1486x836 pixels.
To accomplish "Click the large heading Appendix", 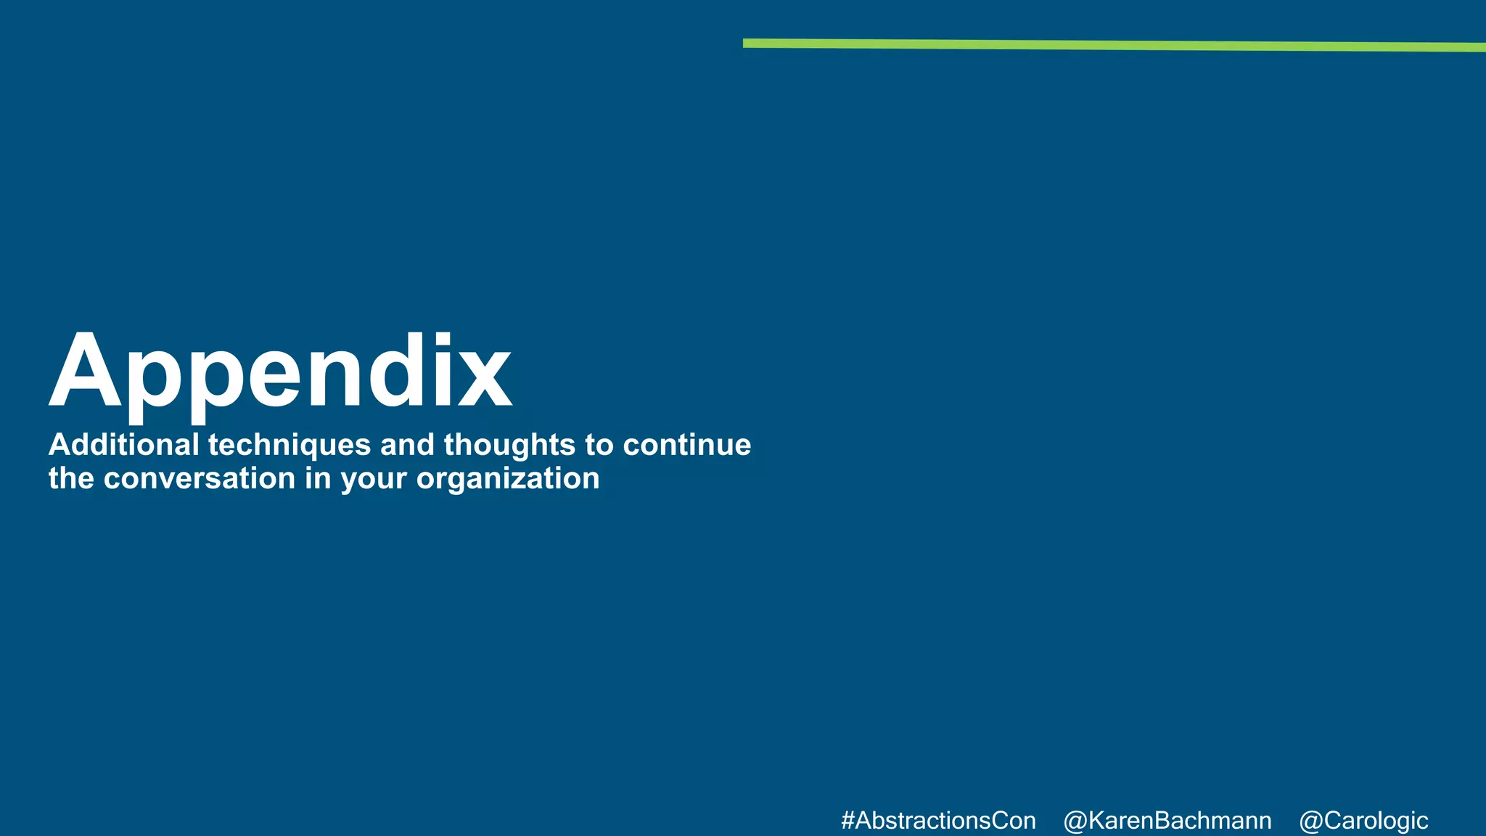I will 280,373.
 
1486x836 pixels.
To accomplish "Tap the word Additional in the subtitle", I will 123,445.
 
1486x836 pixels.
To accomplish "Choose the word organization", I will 508,479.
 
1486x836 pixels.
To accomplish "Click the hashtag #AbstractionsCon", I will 938,821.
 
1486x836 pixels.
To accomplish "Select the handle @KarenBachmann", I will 1167,821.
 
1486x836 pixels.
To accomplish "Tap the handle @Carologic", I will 1363,821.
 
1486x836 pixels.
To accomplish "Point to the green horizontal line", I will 1114,46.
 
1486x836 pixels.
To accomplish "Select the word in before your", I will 318,478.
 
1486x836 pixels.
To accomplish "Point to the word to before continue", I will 599,445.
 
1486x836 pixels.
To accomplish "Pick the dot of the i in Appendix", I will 443,339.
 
